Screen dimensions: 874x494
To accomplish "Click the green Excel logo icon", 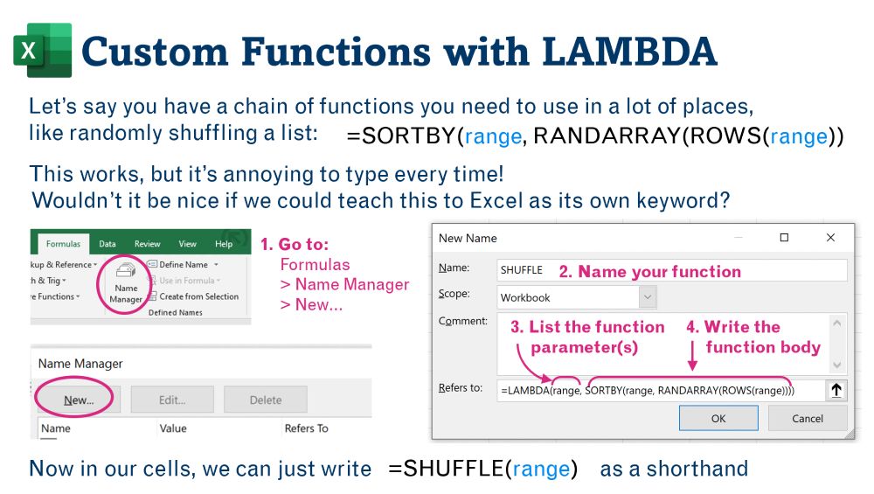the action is coord(43,50).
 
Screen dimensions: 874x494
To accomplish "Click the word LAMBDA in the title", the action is coord(629,52).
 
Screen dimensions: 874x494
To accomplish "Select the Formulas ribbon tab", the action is coord(63,244).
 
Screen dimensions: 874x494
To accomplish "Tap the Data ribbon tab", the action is coord(108,244).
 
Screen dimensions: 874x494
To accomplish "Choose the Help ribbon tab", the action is coord(224,244).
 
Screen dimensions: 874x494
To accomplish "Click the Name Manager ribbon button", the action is coord(125,284).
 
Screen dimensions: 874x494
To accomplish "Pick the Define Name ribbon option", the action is coord(183,264).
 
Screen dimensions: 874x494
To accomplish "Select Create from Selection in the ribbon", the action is coord(193,296).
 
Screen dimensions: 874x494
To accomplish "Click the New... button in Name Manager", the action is coord(78,400).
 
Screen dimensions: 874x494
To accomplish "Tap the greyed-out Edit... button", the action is coord(172,400).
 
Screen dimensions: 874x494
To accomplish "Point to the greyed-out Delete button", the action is coord(266,400).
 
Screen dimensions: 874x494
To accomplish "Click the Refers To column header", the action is coord(307,428).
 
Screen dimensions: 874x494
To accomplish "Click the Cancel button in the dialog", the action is coord(807,418).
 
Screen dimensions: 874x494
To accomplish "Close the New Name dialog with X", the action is coord(830,238).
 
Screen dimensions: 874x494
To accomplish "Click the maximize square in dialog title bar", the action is coord(784,238).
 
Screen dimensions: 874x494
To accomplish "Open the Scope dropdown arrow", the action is coord(647,297).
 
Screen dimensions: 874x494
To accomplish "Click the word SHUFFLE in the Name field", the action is coord(521,270).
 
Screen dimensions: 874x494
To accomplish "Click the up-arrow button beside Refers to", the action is coord(836,390).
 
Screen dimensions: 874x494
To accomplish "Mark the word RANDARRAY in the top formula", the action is coord(607,136).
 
